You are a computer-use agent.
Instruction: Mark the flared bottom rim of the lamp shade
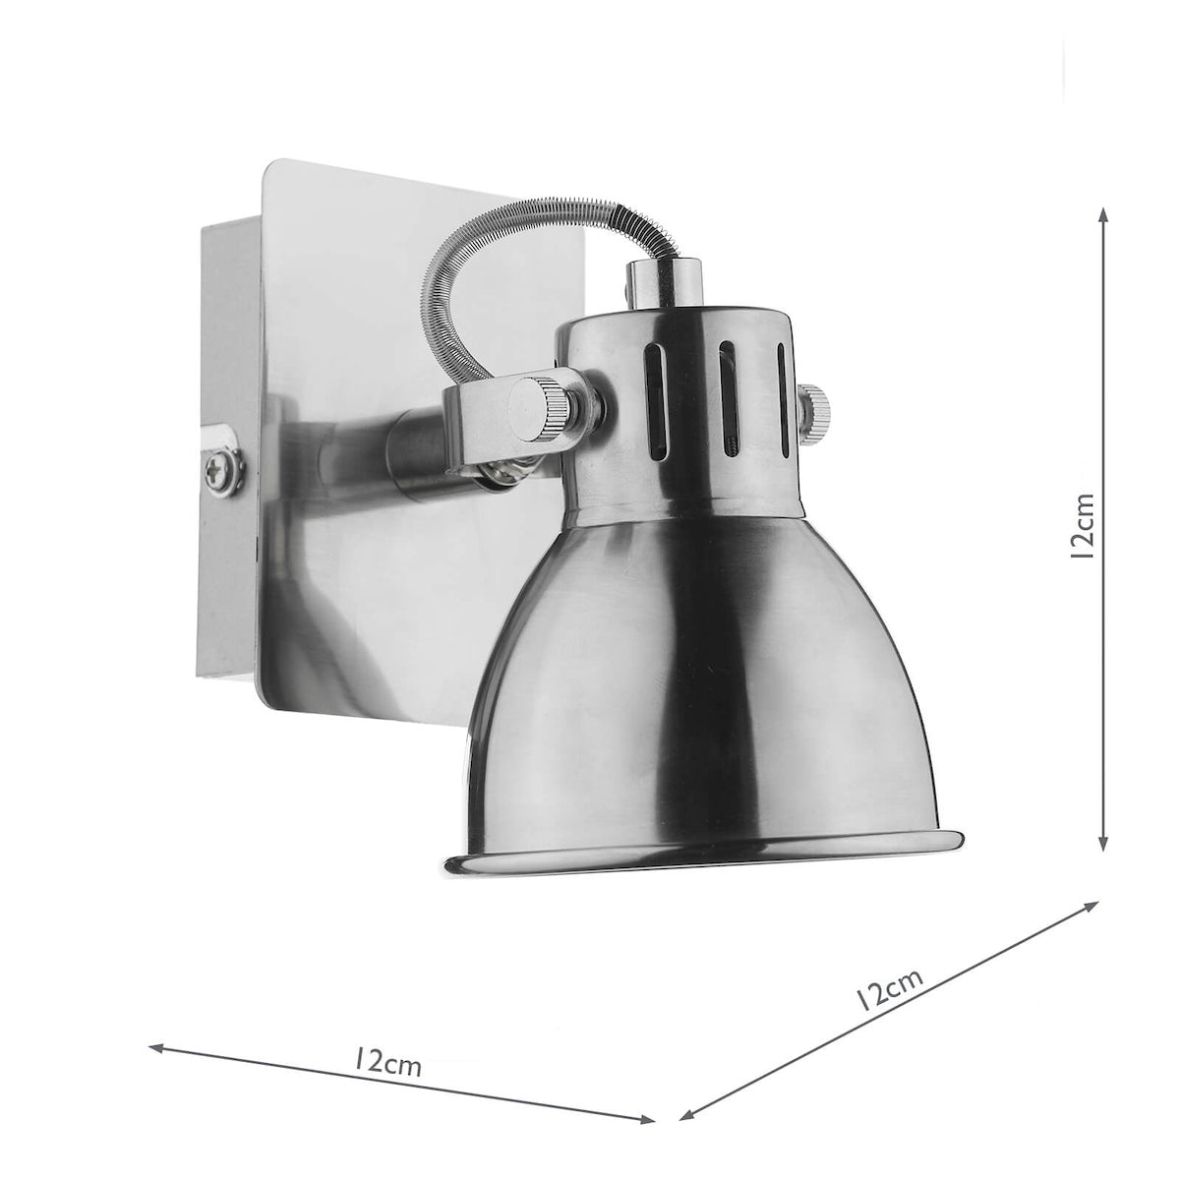[x=702, y=852]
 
